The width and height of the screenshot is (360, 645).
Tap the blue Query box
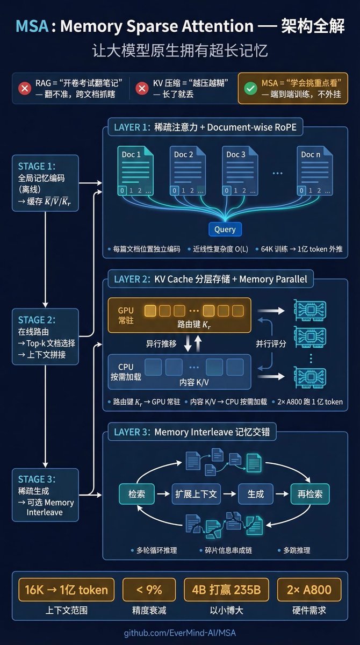pos(225,229)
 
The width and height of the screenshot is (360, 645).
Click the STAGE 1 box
pos(45,183)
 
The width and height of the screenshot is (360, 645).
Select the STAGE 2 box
pos(45,335)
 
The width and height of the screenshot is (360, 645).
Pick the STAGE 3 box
pos(45,494)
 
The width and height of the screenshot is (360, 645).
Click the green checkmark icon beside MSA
pos(250,88)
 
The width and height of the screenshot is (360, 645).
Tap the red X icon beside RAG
pos(24,88)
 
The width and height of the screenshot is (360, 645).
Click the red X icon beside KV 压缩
pos(142,88)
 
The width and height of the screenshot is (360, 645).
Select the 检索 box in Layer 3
pos(136,494)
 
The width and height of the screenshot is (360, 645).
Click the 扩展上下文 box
pos(196,494)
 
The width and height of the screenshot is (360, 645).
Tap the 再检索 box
pos(309,494)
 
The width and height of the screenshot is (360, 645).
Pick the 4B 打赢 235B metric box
pos(226,590)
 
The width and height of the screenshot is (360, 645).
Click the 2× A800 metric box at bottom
pos(309,590)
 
